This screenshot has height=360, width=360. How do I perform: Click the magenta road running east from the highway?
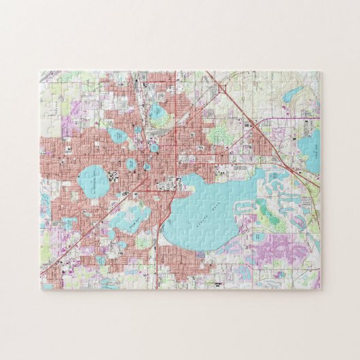point(285,120)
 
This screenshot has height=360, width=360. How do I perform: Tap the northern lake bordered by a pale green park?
point(160,114)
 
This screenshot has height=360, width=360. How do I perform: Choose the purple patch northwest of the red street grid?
point(68,126)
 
